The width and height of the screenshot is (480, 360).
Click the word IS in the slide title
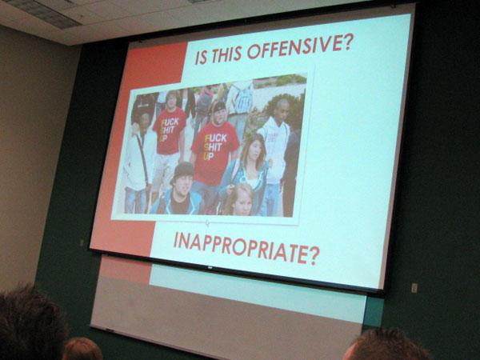[201, 58]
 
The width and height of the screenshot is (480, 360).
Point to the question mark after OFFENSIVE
[347, 42]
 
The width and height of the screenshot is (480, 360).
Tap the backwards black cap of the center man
[219, 107]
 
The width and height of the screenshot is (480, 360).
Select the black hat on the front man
[183, 171]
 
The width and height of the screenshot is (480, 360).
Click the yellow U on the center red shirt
[207, 157]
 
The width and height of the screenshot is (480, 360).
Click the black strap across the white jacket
[143, 159]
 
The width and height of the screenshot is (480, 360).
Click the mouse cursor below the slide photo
[208, 223]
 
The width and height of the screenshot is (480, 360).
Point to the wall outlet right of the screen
[414, 288]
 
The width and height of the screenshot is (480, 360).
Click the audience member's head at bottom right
[386, 346]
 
